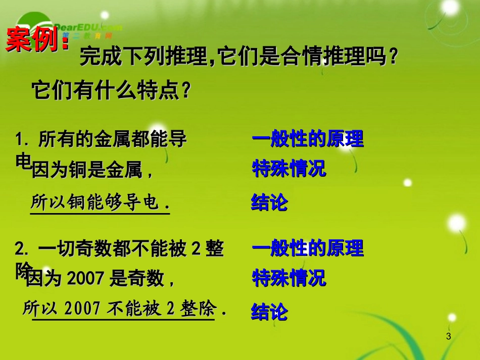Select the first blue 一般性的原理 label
[307, 139]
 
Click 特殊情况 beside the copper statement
[289, 169]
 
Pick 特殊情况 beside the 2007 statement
[289, 278]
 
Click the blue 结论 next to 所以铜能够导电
[269, 202]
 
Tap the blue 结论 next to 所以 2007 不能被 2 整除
[269, 312]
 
